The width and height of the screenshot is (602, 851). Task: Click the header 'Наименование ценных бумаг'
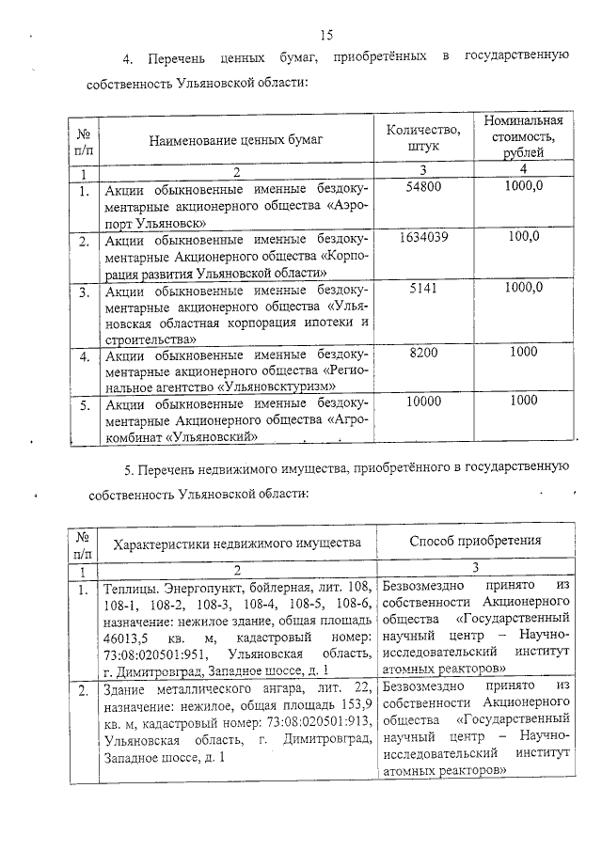click(235, 140)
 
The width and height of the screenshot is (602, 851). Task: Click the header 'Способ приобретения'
click(475, 542)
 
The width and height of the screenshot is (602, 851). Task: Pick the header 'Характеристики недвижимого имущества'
click(237, 544)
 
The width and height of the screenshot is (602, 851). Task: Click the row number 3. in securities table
click(84, 292)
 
